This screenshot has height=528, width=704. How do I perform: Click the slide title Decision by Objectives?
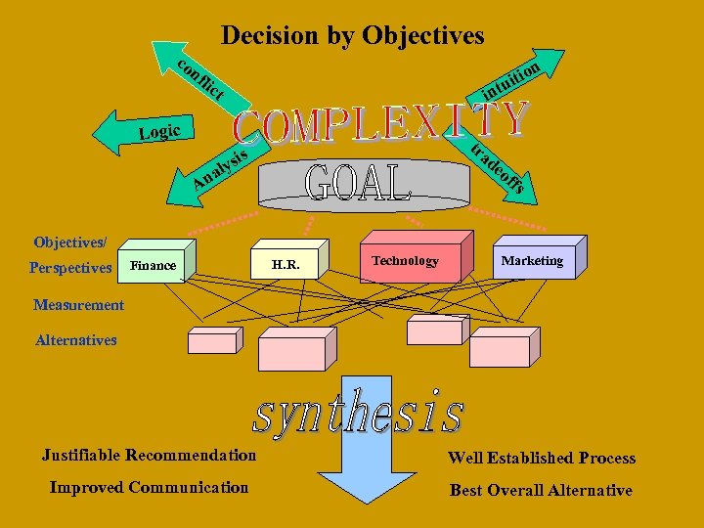pos(352,36)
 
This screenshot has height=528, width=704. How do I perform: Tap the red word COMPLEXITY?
pos(381,122)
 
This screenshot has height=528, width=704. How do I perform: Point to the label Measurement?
pos(78,305)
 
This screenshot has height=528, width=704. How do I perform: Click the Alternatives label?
pos(75,340)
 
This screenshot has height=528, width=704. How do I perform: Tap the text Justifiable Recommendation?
pos(149,455)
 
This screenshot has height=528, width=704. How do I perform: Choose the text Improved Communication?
pos(149,487)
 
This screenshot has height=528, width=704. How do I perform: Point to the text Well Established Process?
pos(542,458)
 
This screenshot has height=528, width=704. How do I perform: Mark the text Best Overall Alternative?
pos(541,490)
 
